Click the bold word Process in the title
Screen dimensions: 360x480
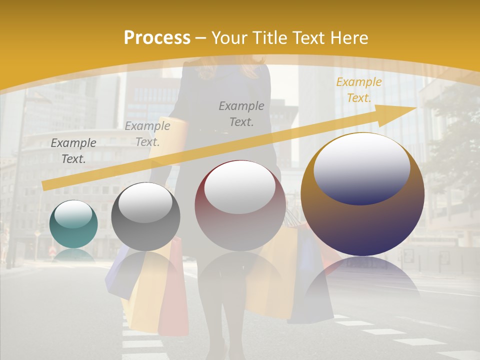(157, 37)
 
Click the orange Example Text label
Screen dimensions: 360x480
(358, 90)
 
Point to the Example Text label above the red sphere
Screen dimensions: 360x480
(241, 113)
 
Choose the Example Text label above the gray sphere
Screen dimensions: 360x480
(147, 134)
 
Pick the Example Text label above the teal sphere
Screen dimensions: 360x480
(73, 150)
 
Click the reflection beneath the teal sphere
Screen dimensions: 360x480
(73, 254)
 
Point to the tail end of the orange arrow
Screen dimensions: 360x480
(45, 186)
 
